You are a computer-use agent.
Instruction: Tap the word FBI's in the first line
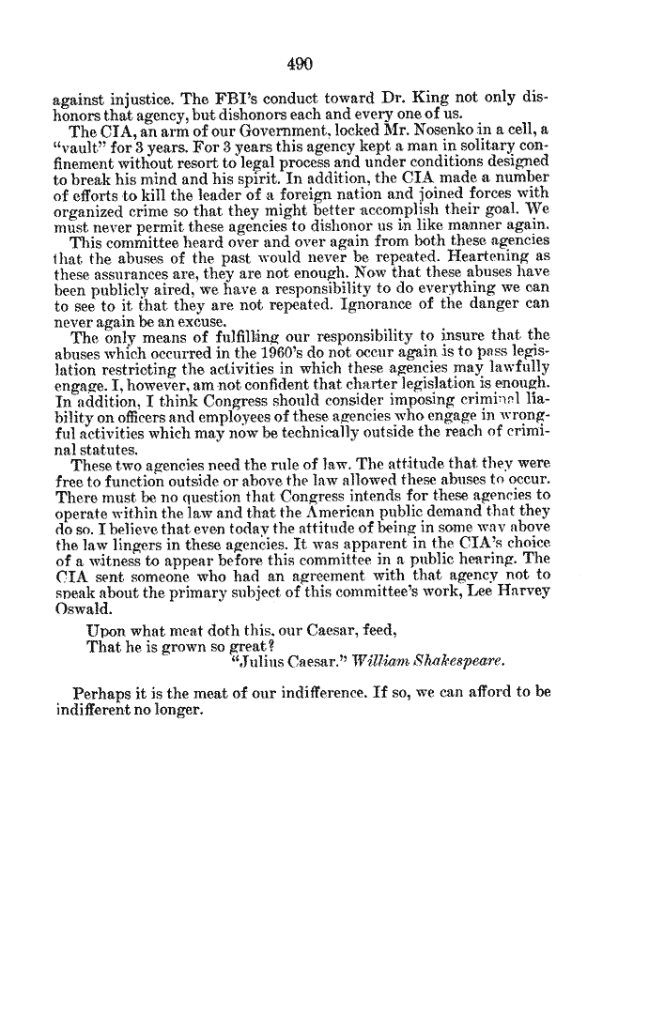[x=242, y=98]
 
